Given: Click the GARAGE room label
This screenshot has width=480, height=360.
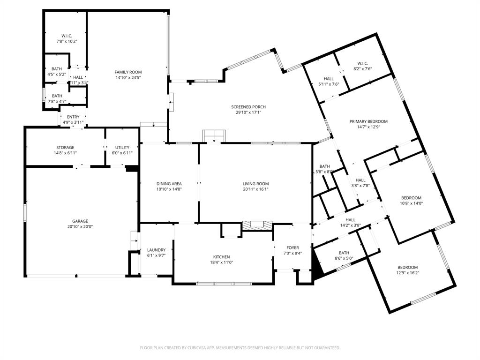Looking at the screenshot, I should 80,221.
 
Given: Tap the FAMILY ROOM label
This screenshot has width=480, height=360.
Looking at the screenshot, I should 128,72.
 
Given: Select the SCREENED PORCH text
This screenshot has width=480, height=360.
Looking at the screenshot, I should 248,107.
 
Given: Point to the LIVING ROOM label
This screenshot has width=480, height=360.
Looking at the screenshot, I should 255,184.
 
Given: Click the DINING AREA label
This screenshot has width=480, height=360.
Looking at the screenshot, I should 169,184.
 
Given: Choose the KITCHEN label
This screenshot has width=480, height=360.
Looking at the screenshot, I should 221,257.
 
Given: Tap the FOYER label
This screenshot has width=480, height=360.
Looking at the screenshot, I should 292,247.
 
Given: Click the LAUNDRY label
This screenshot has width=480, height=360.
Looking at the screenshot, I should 156,250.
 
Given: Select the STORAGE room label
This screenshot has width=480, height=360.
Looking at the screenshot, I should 65,148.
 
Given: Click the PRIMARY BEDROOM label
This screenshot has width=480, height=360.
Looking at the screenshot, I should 368,121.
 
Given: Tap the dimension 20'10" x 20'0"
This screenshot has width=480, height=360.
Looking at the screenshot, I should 80,227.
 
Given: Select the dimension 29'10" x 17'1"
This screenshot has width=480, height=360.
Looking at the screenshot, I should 248,112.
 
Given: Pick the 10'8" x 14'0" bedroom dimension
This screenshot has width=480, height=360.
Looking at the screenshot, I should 411,203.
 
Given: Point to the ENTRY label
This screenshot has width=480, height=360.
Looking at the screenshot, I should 73,117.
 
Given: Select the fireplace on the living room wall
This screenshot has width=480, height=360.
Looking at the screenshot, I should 257,225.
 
